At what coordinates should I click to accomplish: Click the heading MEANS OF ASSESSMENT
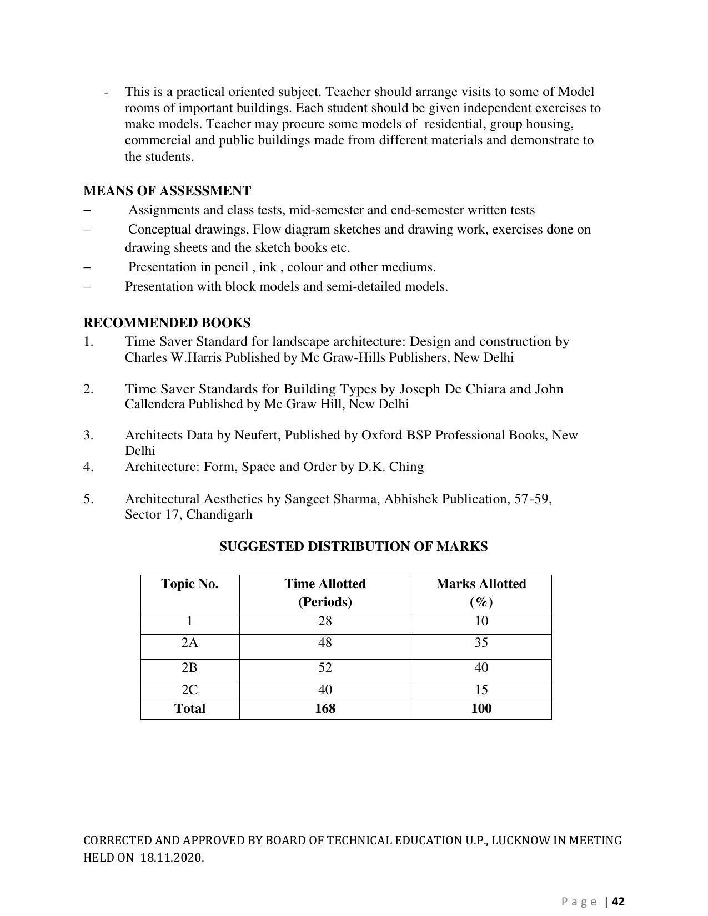coord(167,191)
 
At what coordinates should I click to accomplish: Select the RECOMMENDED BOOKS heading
coord(167,323)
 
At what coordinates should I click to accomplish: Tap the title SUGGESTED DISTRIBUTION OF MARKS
coord(353,547)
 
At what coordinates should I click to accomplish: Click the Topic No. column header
coord(190,584)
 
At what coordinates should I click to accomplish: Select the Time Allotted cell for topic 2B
coord(325,668)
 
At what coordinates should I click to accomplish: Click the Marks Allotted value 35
coord(481,643)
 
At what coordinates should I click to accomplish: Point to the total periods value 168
coord(325,709)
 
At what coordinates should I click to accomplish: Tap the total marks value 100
coord(481,709)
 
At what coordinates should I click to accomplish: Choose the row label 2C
coord(190,690)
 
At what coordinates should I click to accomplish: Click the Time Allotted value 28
coord(325,621)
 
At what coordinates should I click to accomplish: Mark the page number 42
coord(619,902)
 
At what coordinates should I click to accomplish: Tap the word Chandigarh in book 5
coord(219,515)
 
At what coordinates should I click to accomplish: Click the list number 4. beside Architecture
coord(89,467)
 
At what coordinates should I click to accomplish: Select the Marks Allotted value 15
coord(481,690)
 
